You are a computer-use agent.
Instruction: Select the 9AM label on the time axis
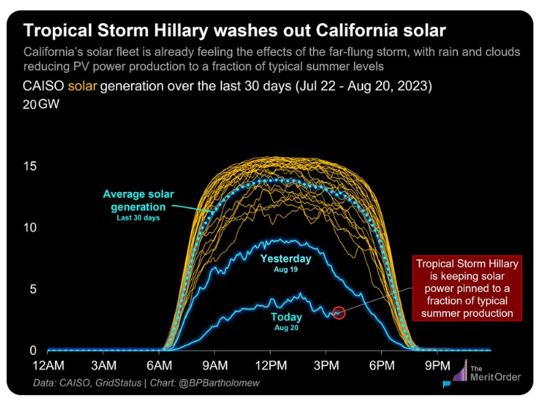point(214,365)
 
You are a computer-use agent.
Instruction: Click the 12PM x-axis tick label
point(269,365)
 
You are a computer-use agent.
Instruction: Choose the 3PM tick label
point(325,365)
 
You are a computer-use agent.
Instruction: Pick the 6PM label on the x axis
point(381,365)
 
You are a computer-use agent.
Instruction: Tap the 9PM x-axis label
point(437,365)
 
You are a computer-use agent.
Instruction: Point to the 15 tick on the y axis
point(29,166)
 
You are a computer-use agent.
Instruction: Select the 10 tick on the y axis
point(29,227)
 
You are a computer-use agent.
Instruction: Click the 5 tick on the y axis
point(33,289)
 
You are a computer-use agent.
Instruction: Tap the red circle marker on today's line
point(339,314)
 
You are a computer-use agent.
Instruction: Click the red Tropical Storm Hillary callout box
point(467,287)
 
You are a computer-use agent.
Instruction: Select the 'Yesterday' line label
point(286,258)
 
